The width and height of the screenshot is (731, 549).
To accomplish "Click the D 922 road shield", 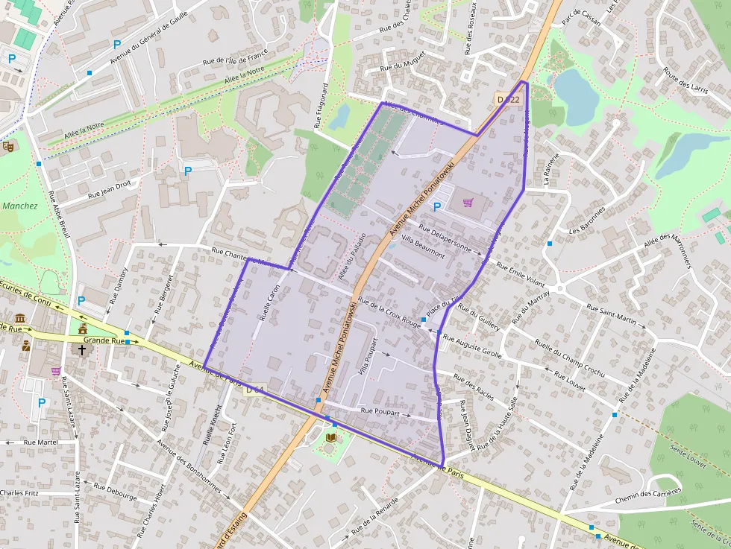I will click(x=508, y=99).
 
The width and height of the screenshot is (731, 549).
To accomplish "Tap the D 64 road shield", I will click(x=254, y=390).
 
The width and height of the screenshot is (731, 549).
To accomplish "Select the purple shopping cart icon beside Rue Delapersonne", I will click(x=468, y=202).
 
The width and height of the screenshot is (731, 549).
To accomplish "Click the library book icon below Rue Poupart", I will click(x=331, y=437).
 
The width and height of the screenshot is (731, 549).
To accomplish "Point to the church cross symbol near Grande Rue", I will click(x=82, y=348).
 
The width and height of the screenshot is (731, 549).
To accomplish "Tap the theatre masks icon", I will click(x=8, y=146).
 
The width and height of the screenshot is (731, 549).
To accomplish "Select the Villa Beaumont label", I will click(x=423, y=247).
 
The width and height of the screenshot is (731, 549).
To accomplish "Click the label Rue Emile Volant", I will click(x=521, y=275).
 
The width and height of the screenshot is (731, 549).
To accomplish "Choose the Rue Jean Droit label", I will click(x=110, y=188).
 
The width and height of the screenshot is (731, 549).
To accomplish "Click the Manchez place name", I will click(x=19, y=206).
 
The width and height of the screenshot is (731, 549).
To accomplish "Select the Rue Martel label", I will click(x=40, y=442).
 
